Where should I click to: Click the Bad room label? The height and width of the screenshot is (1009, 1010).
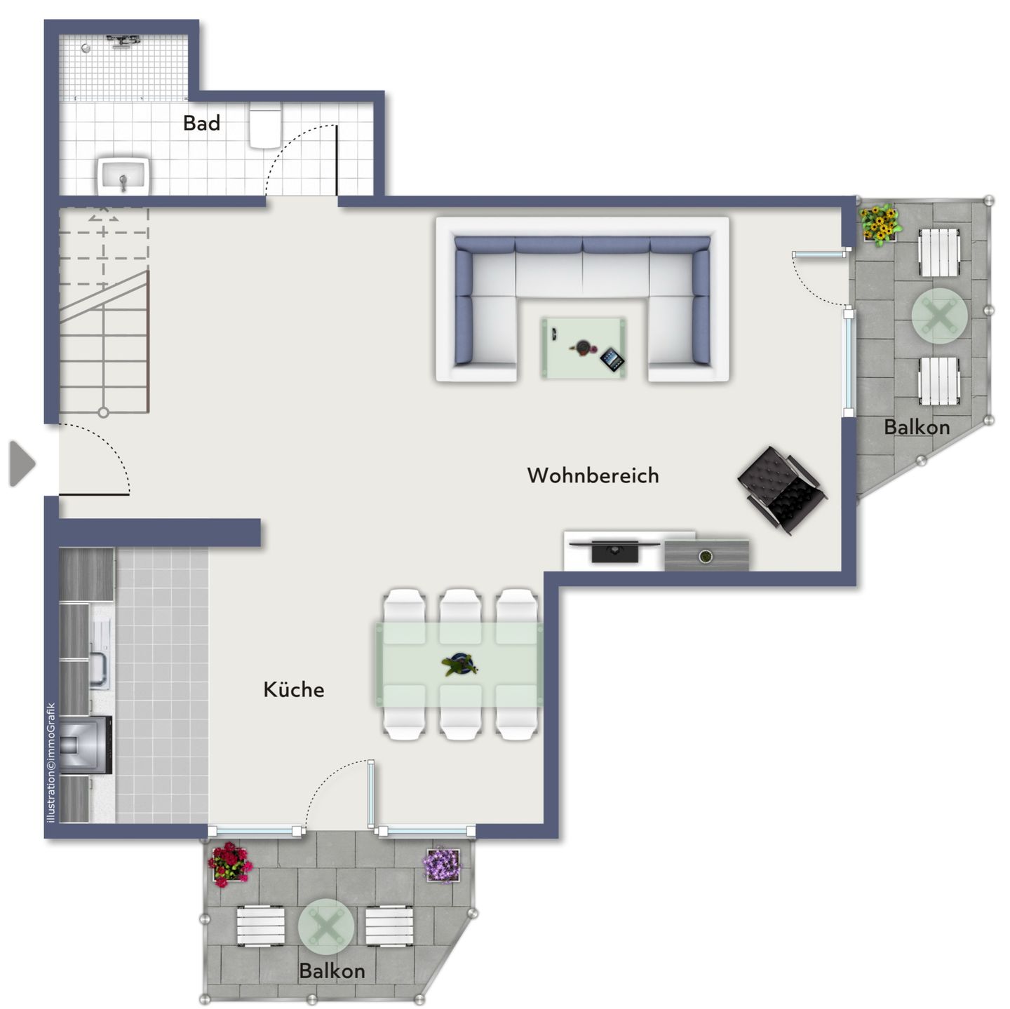[201, 123]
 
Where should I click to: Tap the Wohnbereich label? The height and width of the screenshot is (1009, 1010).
[593, 475]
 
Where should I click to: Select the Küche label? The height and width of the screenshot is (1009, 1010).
[293, 689]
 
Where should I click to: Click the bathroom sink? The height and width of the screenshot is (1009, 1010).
[123, 176]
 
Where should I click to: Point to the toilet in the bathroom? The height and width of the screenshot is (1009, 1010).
[266, 128]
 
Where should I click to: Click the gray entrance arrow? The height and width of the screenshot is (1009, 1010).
[22, 463]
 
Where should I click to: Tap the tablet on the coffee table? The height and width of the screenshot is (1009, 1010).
[612, 360]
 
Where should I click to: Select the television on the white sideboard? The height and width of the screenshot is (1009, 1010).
[615, 550]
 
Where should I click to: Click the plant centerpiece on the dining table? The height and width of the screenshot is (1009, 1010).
[460, 664]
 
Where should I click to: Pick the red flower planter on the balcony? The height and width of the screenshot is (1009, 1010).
[229, 864]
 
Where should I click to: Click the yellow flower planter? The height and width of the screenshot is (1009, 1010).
[879, 224]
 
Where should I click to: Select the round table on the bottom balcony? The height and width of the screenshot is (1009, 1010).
[326, 926]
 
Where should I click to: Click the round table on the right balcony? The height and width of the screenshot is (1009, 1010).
[939, 316]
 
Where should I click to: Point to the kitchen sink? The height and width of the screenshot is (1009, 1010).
[99, 670]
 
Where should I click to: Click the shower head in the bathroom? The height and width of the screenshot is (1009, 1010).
[123, 40]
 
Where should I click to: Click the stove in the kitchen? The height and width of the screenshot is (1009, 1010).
[85, 744]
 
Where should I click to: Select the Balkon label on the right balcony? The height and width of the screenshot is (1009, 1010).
[917, 427]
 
